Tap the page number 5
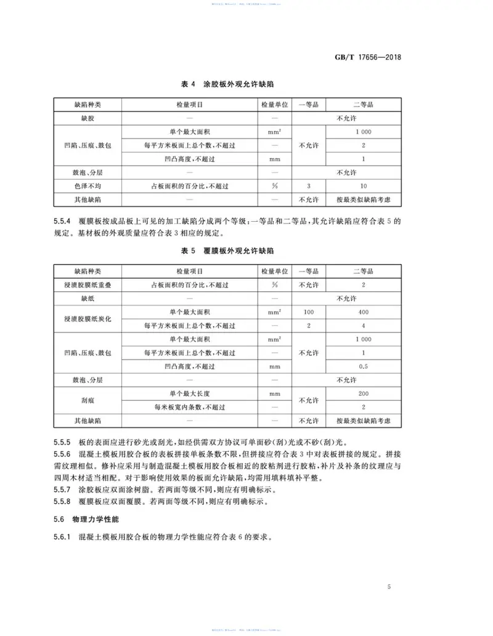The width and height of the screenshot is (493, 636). [x=389, y=586]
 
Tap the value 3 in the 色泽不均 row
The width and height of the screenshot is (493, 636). [x=308, y=186]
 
